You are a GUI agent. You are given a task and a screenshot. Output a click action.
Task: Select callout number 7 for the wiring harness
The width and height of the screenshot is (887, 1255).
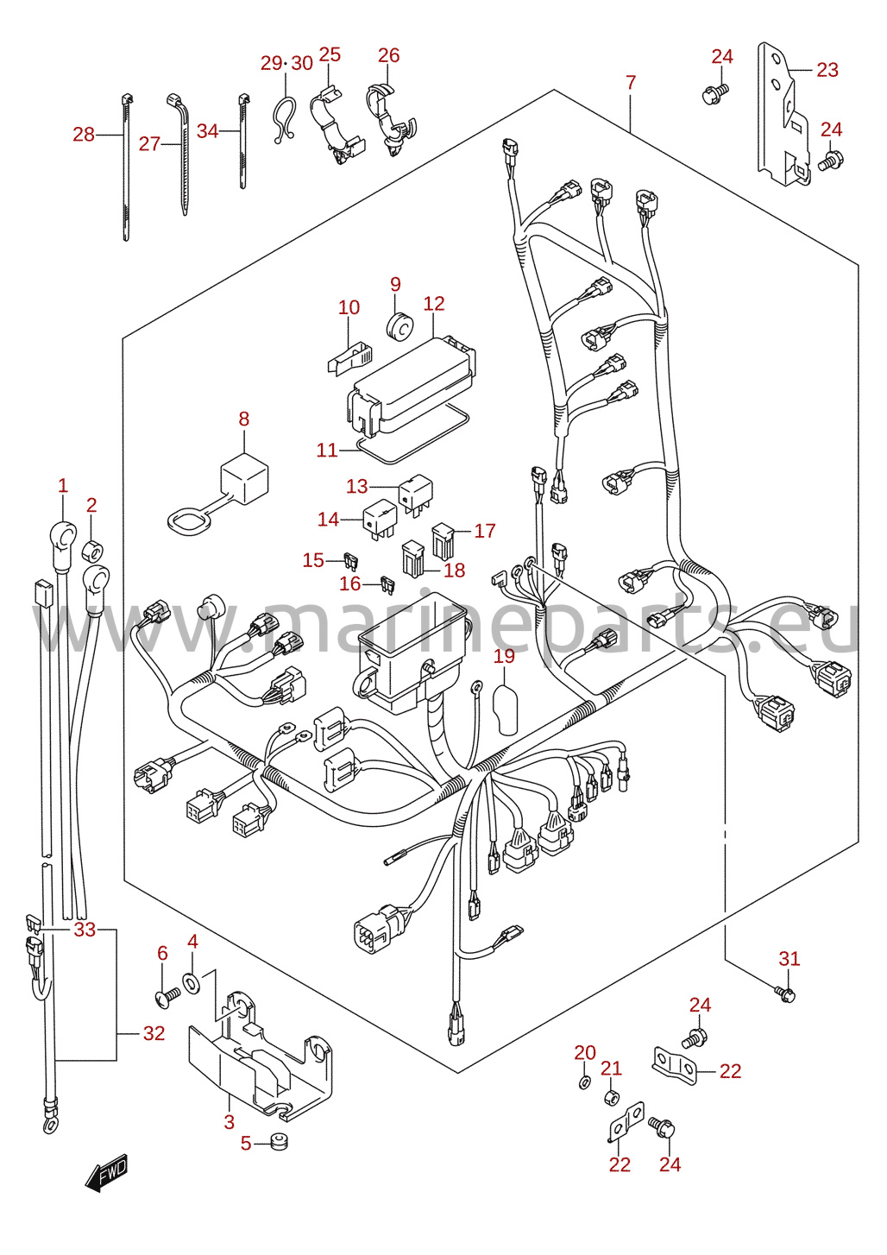[x=631, y=82]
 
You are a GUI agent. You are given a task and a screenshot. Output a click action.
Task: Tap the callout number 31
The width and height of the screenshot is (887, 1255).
[x=789, y=959]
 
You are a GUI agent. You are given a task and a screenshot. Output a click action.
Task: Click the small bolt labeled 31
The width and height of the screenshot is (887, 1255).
[x=786, y=994]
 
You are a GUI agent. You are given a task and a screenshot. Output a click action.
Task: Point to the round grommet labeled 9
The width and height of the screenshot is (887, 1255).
[x=399, y=326]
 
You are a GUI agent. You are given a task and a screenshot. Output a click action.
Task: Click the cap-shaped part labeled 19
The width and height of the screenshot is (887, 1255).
[x=505, y=709]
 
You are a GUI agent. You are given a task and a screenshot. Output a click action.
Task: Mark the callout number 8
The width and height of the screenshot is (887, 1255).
[x=243, y=419]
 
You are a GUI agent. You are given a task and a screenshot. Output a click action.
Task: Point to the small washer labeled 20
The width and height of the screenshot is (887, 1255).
[x=583, y=1082]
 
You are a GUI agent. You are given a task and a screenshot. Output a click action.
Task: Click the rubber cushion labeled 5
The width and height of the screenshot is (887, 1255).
[x=279, y=1140]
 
